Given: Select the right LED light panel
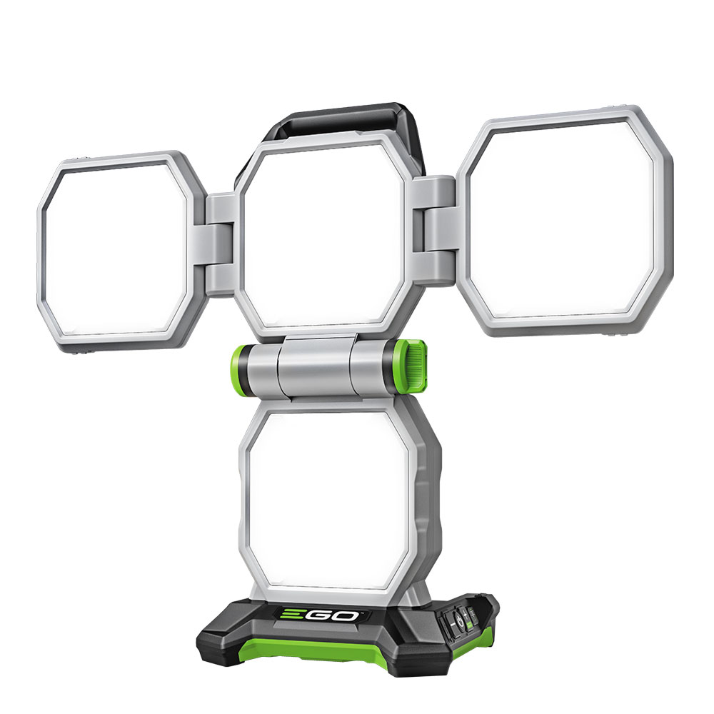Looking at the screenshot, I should tap(564, 221).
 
